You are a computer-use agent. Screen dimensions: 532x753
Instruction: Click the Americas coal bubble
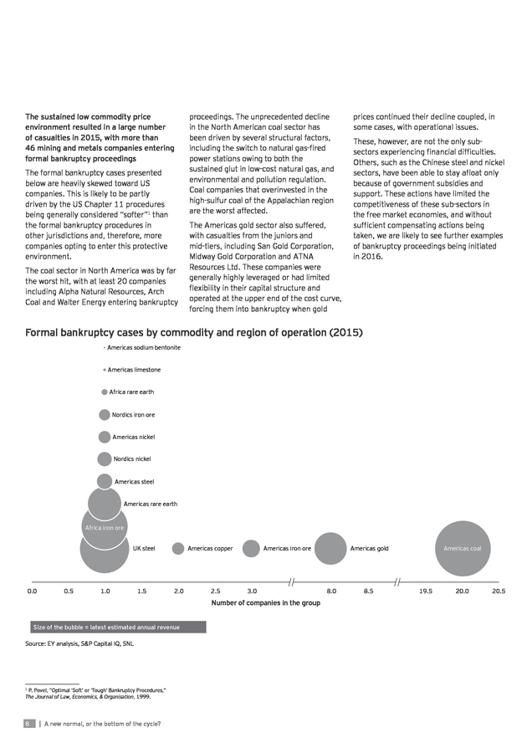pos(463,548)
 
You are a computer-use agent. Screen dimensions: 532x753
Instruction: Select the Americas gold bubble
pos(330,548)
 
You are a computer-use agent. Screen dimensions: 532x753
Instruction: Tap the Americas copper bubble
pos(178,548)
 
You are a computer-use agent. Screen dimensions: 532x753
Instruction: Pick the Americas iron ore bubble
pos(251,548)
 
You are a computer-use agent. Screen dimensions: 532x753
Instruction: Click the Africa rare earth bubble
pos(105,392)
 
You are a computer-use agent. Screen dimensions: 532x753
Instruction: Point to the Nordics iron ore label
pos(134,414)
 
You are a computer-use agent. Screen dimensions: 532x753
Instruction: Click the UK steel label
pos(144,548)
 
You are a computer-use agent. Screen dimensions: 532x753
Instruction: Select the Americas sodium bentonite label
pos(144,347)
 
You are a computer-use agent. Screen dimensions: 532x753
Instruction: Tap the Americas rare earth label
pos(151,504)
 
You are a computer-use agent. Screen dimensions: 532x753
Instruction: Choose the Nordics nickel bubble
pos(105,459)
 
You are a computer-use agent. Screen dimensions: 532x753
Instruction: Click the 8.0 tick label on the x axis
pos(331,592)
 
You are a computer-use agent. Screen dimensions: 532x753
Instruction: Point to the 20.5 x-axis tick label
pos(499,592)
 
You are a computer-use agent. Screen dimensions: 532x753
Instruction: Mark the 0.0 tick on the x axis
pos(32,592)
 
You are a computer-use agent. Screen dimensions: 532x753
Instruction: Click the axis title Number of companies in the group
pos(265,602)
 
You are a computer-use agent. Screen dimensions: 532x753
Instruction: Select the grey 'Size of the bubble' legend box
pos(118,627)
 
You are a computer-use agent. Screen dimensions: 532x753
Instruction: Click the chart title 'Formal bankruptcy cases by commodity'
pos(193,332)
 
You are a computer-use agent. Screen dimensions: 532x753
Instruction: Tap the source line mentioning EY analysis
pos(79,643)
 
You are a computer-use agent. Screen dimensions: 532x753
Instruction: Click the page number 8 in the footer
pos(28,724)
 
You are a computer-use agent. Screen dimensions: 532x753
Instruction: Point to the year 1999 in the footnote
pos(143,697)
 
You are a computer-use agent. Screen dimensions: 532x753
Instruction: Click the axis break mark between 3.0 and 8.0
pos(291,582)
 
